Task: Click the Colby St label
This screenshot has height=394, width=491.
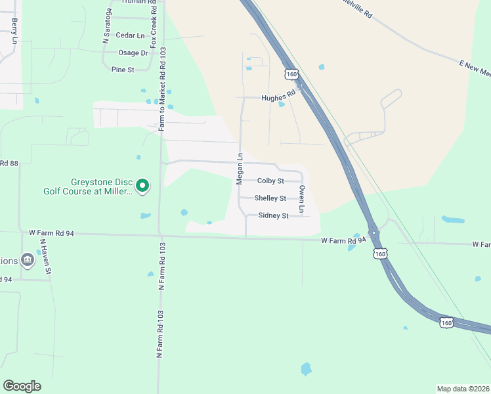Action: click(270, 181)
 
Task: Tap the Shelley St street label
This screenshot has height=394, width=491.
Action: click(270, 198)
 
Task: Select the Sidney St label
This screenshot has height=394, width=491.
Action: click(273, 215)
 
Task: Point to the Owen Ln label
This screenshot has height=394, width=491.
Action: click(302, 199)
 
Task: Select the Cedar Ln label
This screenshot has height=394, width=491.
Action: click(129, 35)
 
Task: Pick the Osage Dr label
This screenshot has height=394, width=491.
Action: click(133, 53)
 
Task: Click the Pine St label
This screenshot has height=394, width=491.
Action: click(123, 69)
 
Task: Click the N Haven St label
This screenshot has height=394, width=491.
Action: click(44, 257)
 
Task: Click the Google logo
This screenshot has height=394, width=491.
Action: click(22, 386)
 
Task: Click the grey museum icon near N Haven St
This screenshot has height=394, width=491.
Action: click(27, 261)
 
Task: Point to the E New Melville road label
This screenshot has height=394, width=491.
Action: click(475, 68)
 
